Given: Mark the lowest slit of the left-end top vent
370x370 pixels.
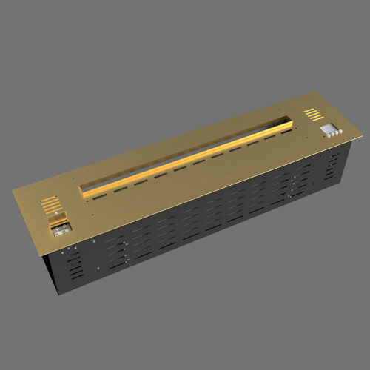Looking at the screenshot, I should tap(53, 209).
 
